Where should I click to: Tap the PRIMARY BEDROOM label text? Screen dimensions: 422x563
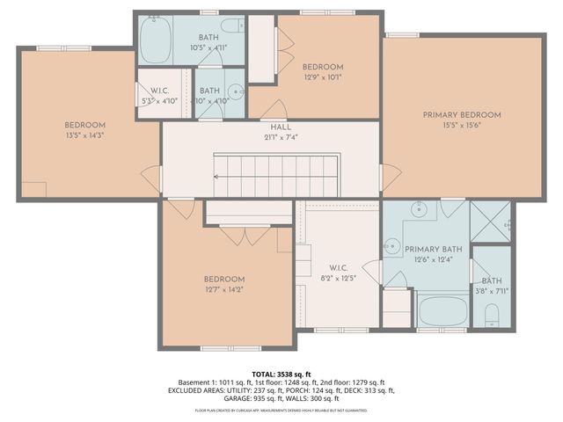click(461, 115)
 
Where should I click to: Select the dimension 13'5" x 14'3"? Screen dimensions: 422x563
click(84, 135)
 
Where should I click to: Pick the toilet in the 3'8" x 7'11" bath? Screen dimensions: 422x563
click(492, 315)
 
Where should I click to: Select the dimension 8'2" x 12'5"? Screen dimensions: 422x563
click(340, 279)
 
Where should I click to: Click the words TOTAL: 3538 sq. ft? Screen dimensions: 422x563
click(281, 374)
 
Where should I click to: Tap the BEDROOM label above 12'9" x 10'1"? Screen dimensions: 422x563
click(323, 67)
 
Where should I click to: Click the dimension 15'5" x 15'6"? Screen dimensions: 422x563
click(461, 126)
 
